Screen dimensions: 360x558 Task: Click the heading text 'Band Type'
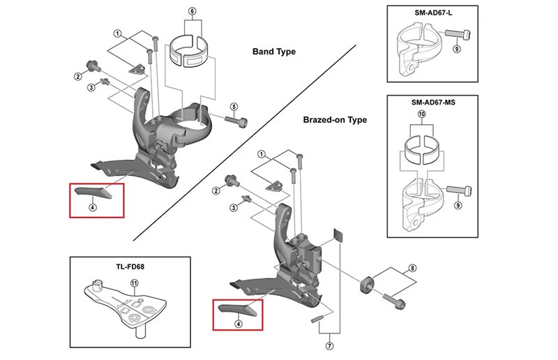click(273, 52)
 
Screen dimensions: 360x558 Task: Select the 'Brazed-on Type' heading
click(335, 120)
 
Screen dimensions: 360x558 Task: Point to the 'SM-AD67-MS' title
click(430, 102)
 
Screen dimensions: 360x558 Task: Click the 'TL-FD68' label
click(130, 266)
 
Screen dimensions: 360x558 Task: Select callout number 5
click(234, 107)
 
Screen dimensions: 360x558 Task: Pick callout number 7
click(329, 345)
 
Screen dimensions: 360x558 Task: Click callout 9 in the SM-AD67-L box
click(458, 50)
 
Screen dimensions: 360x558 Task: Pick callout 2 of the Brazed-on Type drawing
click(216, 190)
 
